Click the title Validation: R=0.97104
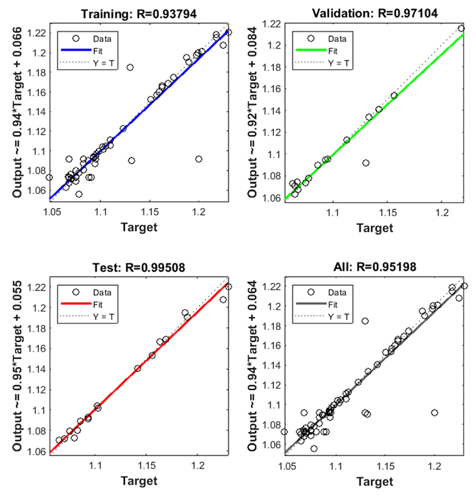[376, 13]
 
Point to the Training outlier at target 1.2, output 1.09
[199, 159]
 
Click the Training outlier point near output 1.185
[130, 67]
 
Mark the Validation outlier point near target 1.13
[366, 163]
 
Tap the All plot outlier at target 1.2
[435, 413]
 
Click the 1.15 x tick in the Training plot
[150, 212]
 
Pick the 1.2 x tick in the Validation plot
[443, 212]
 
